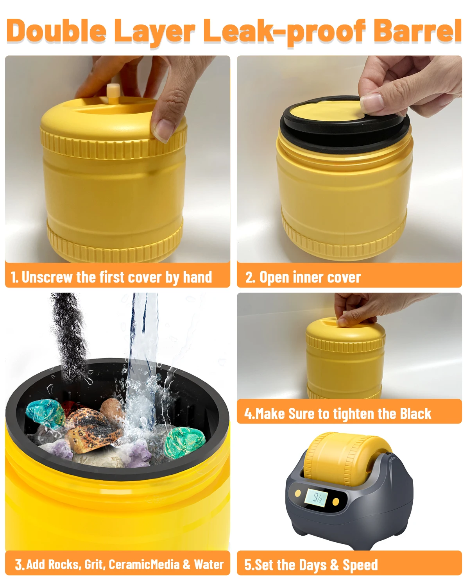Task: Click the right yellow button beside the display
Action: [x=335, y=501]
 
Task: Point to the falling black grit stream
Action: [x=70, y=336]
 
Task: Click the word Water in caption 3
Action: [x=209, y=565]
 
